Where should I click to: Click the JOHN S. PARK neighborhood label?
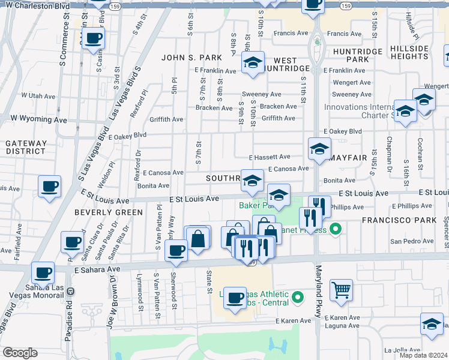pos(187,58)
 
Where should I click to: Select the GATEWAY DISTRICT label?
pos(26,147)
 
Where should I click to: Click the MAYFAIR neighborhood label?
pos(349,158)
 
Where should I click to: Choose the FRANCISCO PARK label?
pos(400,220)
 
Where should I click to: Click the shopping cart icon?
pos(341,290)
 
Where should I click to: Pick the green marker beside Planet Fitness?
pos(336,228)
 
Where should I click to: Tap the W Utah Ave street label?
pos(38,95)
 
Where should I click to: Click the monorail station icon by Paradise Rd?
pos(71,291)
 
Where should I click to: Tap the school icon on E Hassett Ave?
pos(319,148)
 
